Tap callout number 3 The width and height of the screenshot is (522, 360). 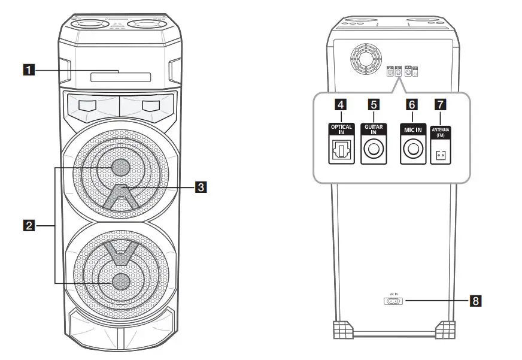coord(202,187)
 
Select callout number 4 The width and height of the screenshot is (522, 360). coord(341,104)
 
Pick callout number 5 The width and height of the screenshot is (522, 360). coord(374,104)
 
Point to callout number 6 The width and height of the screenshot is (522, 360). coord(411,104)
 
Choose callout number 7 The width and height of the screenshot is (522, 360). coord(441,104)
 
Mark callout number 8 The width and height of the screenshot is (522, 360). coord(475,301)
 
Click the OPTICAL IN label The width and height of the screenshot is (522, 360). coord(341,129)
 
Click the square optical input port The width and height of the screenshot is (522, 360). coord(341,152)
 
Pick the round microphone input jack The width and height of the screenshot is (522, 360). coord(411,152)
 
